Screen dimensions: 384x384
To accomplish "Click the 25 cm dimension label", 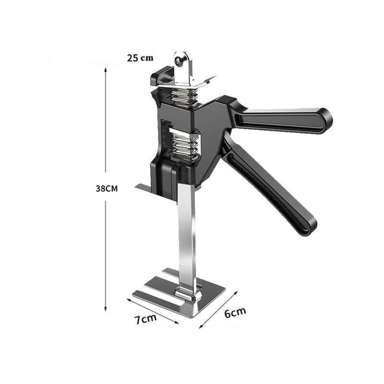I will [140, 58].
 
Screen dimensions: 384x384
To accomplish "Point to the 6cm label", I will [235, 312].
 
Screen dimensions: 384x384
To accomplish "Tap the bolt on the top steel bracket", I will [180, 60].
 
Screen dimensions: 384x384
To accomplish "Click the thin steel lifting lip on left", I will [144, 188].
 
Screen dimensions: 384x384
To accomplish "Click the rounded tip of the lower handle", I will [307, 228].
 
